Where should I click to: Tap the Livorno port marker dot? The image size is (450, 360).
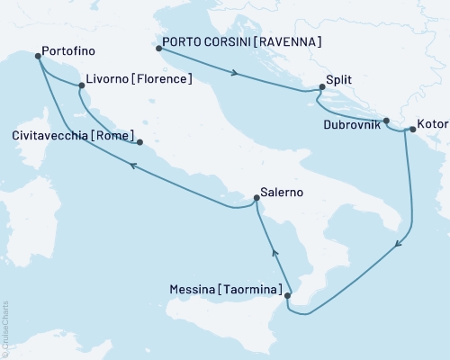click(82, 86)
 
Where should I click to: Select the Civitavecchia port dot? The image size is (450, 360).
click(139, 141)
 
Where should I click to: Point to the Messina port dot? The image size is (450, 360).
click(285, 295)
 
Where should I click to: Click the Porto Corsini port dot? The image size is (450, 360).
click(159, 49)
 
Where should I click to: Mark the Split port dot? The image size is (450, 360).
click(321, 87)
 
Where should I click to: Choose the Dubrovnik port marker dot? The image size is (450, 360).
click(386, 121)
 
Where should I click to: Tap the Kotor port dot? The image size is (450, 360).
click(412, 130)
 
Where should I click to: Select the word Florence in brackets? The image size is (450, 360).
click(163, 79)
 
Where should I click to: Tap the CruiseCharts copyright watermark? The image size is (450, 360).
click(5, 328)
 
